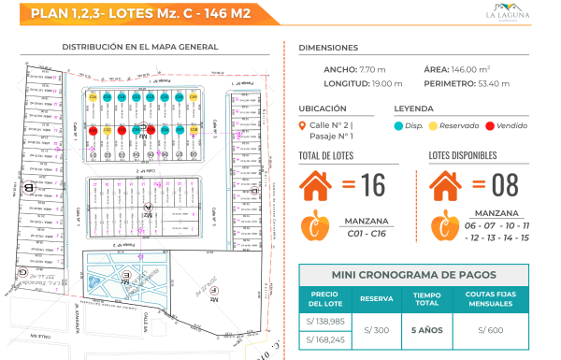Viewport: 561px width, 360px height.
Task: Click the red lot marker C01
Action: tap(93, 130)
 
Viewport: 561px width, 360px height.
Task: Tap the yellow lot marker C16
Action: tap(93, 97)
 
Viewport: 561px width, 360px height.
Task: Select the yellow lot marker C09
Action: tap(194, 97)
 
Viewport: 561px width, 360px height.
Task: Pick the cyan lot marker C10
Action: tap(180, 97)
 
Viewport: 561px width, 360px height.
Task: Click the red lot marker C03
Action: tap(122, 130)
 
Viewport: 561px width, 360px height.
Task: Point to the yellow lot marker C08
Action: tap(194, 130)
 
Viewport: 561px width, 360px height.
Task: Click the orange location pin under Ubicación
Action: tap(301, 126)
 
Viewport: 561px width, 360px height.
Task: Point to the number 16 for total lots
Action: tap(373, 185)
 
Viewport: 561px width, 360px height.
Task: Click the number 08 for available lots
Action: tap(505, 185)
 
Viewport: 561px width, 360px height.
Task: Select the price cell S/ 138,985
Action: tap(324, 320)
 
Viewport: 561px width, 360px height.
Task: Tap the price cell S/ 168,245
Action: tap(324, 339)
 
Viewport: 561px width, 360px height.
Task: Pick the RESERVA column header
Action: tap(377, 298)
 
